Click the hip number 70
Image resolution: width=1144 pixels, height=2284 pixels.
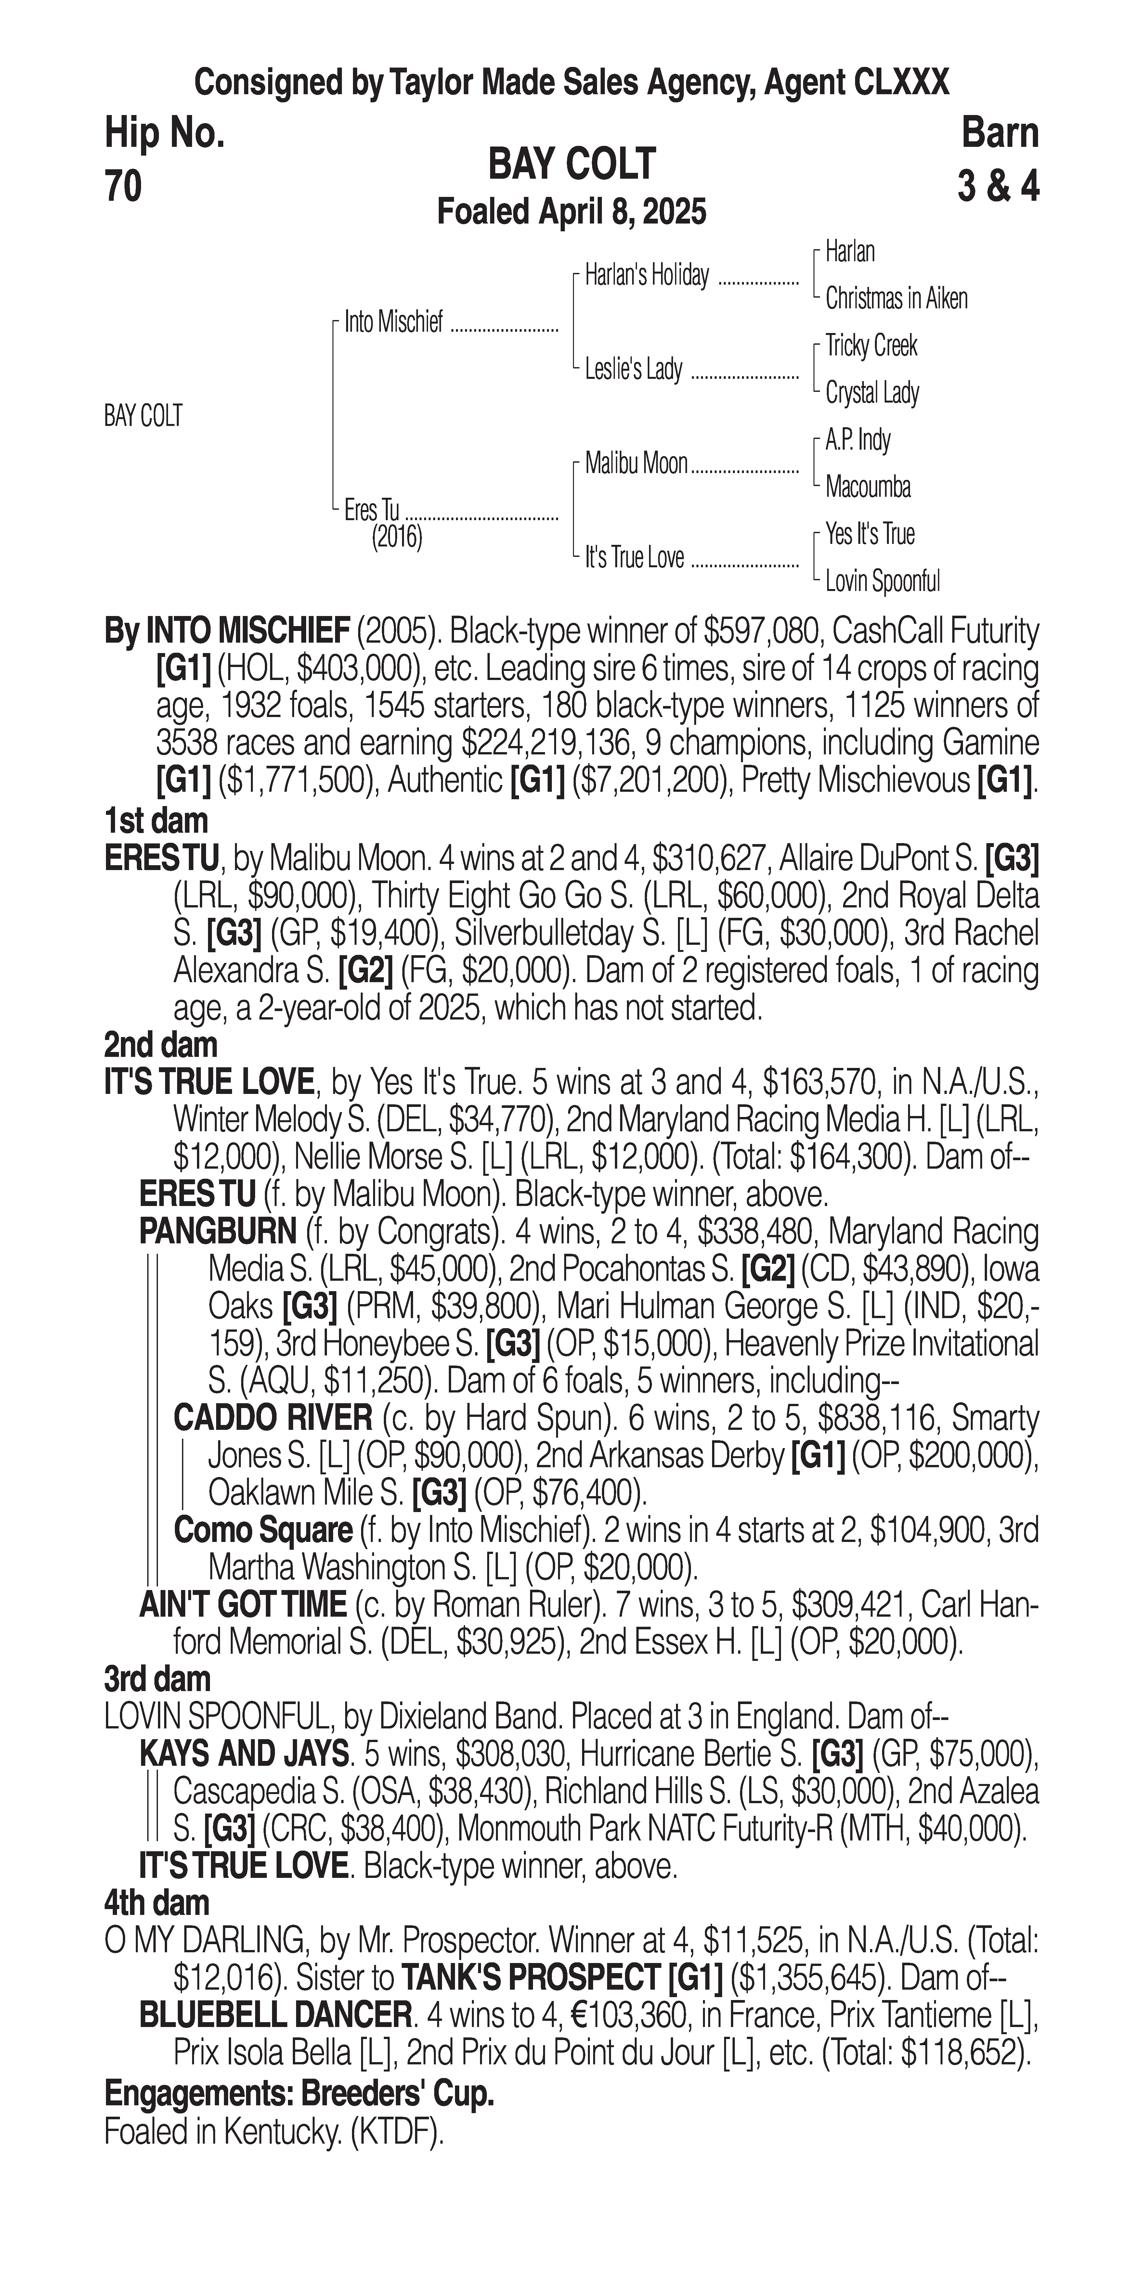pos(123,187)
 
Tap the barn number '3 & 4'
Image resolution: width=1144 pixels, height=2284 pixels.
pos(998,187)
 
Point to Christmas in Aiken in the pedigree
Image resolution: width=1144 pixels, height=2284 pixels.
pos(896,299)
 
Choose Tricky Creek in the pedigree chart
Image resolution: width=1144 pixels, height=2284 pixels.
pos(871,346)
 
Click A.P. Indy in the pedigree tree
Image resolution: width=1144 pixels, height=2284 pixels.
pos(858,440)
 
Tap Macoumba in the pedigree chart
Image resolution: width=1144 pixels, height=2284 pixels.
pos(867,487)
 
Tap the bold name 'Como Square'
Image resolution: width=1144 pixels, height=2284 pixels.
pos(263,1530)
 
